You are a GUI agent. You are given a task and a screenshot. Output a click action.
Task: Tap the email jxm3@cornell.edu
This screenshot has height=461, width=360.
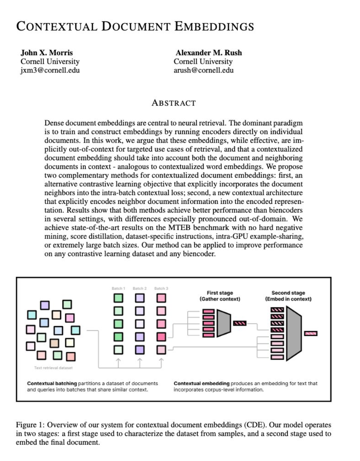click(50, 70)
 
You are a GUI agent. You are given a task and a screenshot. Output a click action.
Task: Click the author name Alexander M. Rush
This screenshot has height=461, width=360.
click(209, 53)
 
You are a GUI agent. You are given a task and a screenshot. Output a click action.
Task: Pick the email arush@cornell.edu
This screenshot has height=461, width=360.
click(204, 70)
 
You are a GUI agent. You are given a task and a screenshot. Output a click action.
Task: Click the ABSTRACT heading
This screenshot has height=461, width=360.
click(173, 103)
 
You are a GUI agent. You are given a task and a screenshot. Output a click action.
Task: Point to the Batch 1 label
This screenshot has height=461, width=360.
click(118, 288)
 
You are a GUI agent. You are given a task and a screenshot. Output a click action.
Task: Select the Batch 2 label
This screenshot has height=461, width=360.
click(139, 288)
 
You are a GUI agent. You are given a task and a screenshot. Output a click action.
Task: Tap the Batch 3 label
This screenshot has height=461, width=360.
click(161, 288)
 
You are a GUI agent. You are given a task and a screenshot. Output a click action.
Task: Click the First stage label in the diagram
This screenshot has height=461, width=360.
click(220, 293)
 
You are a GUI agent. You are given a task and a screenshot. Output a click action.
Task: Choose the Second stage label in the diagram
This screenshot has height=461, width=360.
click(288, 293)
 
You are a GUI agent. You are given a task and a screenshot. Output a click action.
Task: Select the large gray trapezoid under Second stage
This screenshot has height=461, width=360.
click(294, 333)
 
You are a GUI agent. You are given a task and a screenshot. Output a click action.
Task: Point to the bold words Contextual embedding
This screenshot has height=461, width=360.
click(201, 383)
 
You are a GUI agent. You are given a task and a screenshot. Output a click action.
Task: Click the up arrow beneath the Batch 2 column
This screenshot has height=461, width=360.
click(140, 362)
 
